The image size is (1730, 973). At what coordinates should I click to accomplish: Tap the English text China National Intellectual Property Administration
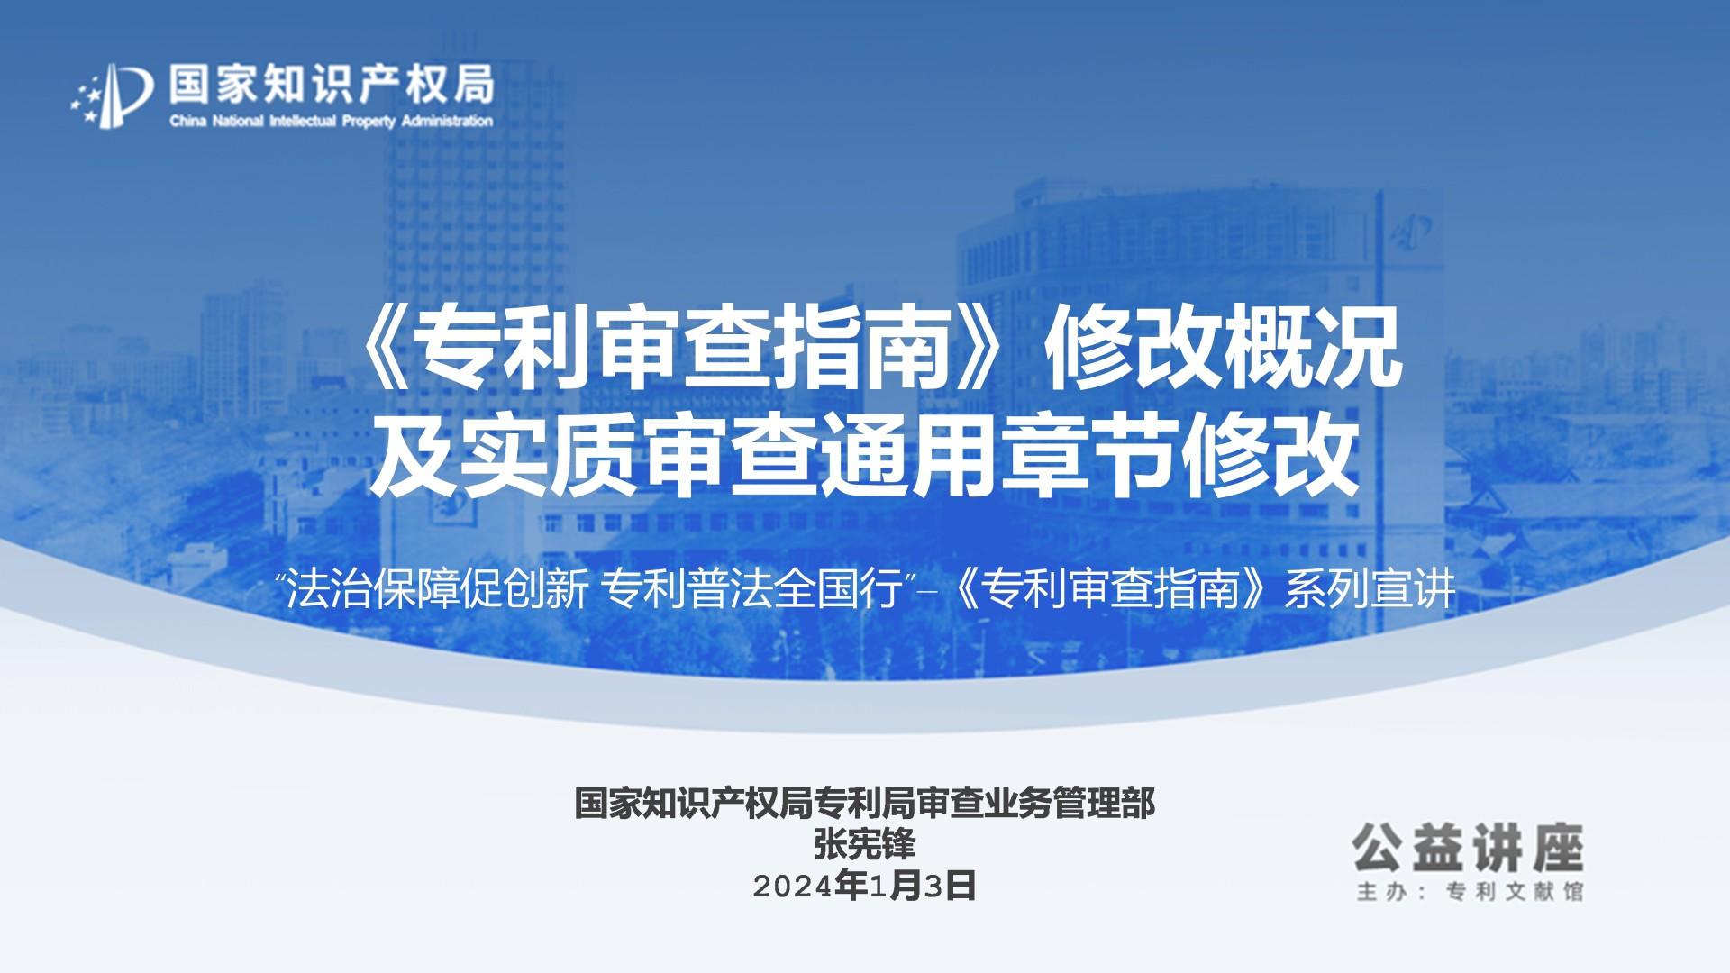(x=332, y=121)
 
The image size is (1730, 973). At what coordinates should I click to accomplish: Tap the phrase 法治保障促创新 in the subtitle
(x=438, y=591)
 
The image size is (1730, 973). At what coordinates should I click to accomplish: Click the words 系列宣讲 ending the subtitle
(x=1370, y=591)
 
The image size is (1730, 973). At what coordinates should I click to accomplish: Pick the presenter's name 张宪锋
(x=865, y=845)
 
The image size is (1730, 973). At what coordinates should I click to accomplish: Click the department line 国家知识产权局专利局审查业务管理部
(x=865, y=804)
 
